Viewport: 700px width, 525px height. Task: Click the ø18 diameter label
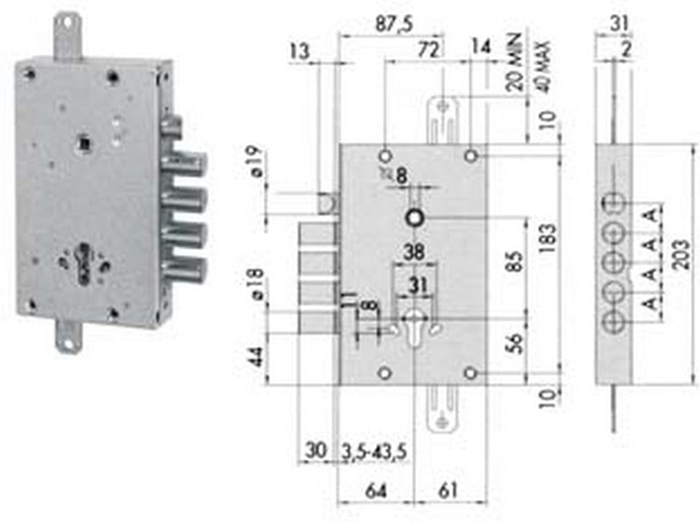click(x=257, y=286)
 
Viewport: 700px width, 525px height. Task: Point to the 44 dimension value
click(x=257, y=357)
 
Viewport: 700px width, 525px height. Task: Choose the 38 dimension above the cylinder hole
click(x=416, y=253)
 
